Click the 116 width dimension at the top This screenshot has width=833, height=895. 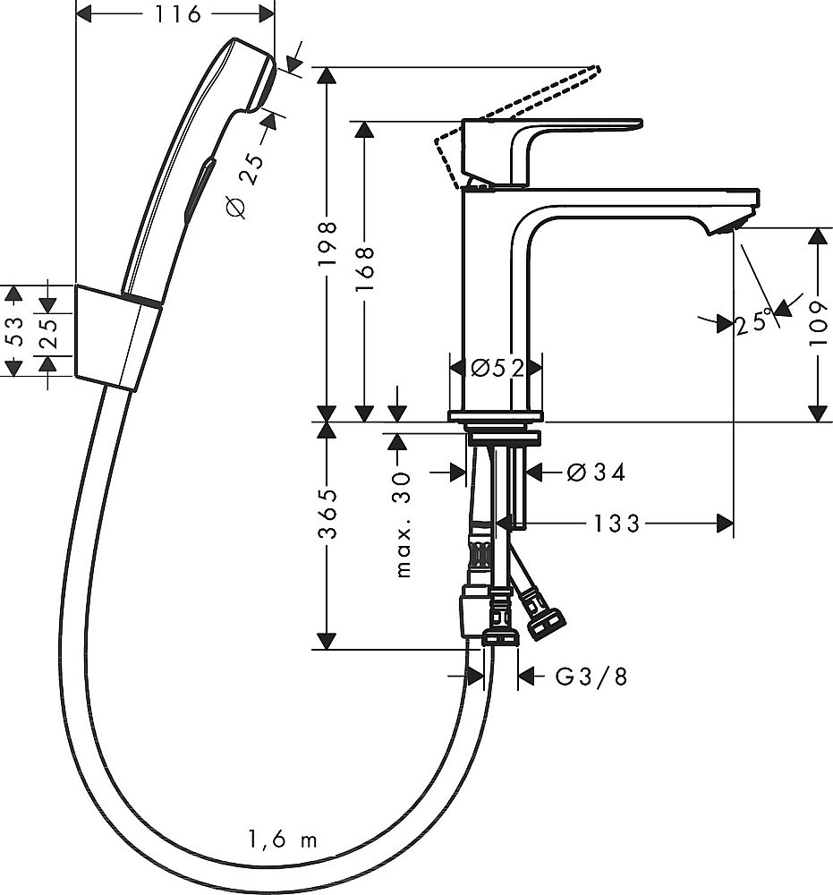[175, 13]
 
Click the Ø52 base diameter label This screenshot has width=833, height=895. [496, 368]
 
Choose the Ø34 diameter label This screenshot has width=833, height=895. [596, 472]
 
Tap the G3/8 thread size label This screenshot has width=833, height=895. [591, 677]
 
